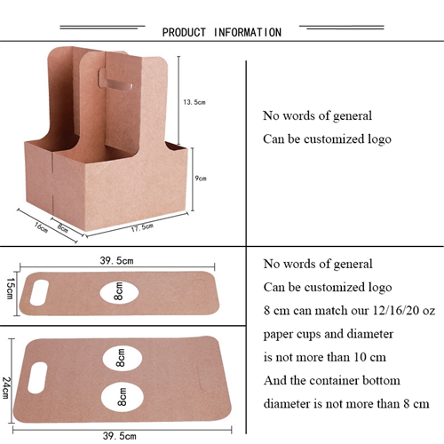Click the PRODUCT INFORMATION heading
click(222, 32)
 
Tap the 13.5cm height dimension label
click(194, 102)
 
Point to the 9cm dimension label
click(201, 178)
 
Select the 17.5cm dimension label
click(142, 227)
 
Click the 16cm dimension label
click(41, 227)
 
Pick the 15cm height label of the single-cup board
click(10, 289)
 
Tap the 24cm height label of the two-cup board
click(5, 388)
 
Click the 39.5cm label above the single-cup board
click(116, 261)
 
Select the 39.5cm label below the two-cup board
click(120, 436)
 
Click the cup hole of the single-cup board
click(119, 291)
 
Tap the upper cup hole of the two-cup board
click(122, 358)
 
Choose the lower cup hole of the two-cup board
click(123, 397)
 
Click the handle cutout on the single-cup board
click(39, 292)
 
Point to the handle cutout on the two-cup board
click(37, 378)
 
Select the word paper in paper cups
click(277, 335)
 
